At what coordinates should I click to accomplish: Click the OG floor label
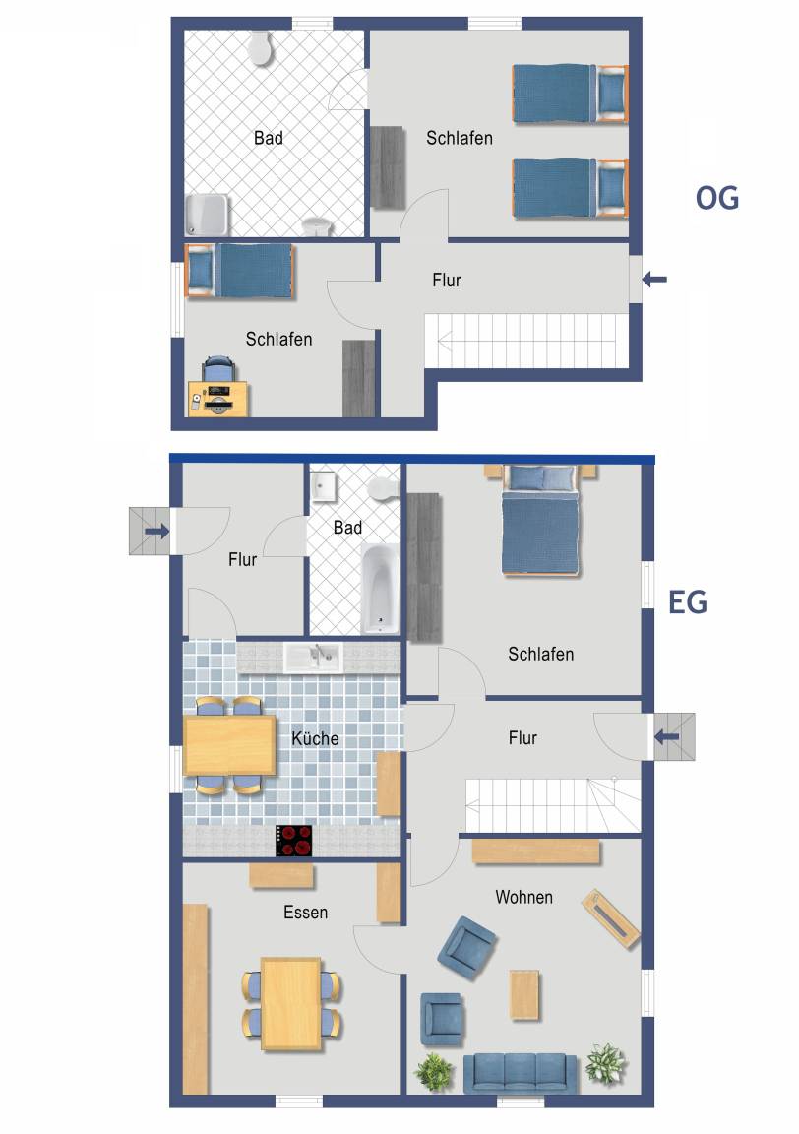(717, 198)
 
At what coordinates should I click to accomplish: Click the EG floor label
(687, 601)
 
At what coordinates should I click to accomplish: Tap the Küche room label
(315, 738)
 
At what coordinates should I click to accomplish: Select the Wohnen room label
(524, 897)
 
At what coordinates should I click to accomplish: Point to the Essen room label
(305, 912)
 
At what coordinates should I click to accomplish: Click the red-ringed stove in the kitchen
(294, 841)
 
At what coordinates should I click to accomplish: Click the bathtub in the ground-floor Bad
(381, 590)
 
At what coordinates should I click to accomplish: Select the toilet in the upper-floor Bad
(261, 47)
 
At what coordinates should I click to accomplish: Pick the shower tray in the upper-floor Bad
(208, 215)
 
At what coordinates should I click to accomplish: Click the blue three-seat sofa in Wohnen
(521, 1073)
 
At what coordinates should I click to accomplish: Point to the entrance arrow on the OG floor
(654, 279)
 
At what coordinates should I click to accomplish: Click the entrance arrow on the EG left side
(156, 532)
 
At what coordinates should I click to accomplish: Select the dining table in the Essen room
(291, 1004)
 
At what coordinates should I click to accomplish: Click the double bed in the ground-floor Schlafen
(540, 520)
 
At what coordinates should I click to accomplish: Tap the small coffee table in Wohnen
(524, 995)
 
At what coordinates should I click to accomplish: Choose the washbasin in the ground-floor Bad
(323, 486)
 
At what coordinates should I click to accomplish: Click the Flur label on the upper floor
(446, 280)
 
